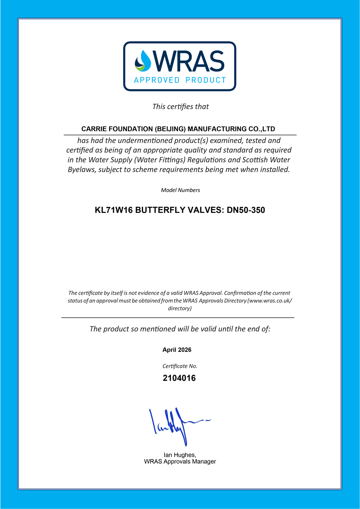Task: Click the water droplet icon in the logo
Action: (143, 61)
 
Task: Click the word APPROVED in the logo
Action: (157, 80)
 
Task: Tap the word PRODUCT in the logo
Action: (206, 80)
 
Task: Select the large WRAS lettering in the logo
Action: (189, 61)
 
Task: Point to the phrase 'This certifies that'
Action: (180, 107)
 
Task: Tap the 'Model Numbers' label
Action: (180, 190)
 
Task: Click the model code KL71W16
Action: (114, 210)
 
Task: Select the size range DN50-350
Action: (246, 210)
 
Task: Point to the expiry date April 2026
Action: (177, 350)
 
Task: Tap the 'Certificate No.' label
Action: (180, 366)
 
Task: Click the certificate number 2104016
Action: (179, 378)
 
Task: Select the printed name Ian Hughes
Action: (180, 455)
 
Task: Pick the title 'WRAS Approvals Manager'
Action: (180, 461)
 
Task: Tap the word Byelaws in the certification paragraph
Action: (82, 169)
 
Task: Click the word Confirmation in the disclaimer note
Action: (240, 293)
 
